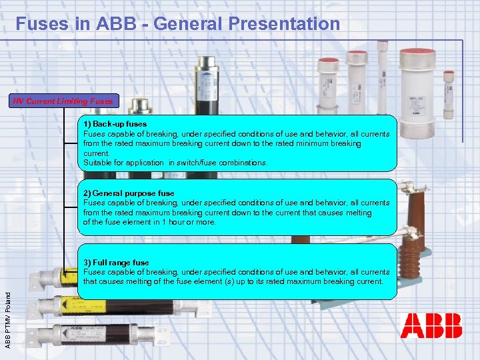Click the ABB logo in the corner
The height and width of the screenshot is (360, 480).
tap(431, 326)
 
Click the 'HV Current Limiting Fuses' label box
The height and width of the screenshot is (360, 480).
tap(65, 101)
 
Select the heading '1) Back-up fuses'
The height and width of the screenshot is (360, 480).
tap(115, 124)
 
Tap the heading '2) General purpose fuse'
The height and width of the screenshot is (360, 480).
tap(129, 193)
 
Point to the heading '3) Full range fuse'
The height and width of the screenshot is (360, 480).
tap(116, 263)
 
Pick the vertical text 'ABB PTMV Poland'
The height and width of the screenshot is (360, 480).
tap(8, 314)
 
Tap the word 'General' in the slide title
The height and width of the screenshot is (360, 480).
tap(181, 24)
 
